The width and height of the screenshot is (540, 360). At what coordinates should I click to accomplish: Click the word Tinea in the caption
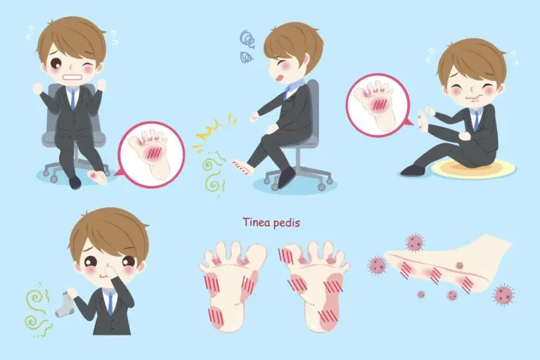[256, 222]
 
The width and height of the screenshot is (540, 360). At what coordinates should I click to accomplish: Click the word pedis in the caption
[286, 223]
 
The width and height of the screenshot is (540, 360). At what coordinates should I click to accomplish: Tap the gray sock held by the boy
[65, 304]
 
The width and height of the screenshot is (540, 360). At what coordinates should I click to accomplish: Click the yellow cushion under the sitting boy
[473, 169]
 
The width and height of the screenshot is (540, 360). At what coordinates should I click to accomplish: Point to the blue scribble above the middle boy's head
[247, 46]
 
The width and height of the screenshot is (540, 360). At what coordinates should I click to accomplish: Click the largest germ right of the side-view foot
[504, 295]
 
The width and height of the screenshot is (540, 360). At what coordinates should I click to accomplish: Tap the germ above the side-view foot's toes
[414, 242]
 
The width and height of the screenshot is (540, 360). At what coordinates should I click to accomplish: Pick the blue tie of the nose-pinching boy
[110, 302]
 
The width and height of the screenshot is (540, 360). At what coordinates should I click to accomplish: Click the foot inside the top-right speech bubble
[377, 104]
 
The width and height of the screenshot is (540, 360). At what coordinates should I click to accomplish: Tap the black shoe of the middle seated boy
[287, 177]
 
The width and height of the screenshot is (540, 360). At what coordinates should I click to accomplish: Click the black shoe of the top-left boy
[75, 183]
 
